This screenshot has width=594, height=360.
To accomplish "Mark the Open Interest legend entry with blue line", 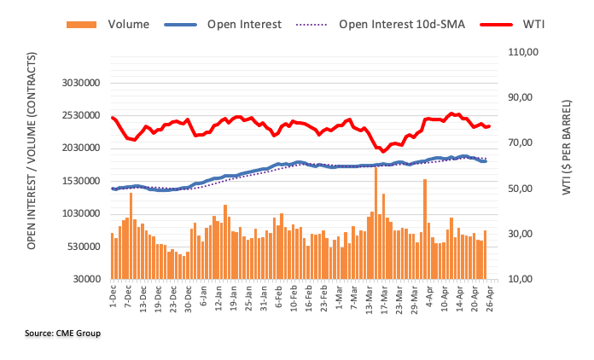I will coord(244,25).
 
